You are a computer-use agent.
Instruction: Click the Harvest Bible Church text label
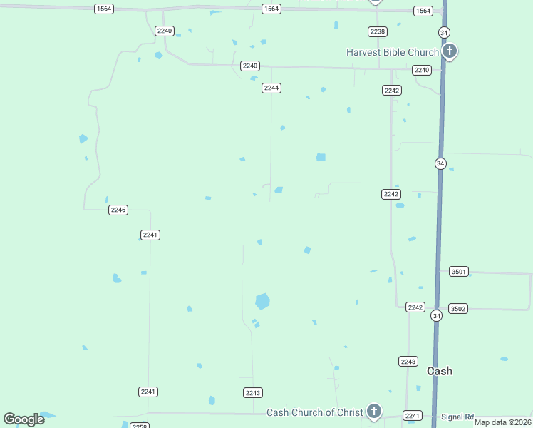tap(392, 52)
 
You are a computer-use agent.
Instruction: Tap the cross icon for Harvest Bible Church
tap(449, 51)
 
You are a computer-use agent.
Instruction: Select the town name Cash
tap(440, 371)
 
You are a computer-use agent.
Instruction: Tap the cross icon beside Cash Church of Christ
tap(373, 411)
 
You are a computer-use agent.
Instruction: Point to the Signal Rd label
tap(457, 417)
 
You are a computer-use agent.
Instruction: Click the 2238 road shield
tap(378, 31)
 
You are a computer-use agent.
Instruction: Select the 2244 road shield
tap(271, 88)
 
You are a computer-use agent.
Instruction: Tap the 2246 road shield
tap(118, 210)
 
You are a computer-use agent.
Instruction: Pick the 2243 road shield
tap(253, 393)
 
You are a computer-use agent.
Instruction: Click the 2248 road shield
tap(408, 362)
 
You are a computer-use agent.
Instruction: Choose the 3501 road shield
tap(459, 272)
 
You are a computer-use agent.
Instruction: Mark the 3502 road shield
tap(458, 308)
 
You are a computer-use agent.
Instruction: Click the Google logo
tap(24, 419)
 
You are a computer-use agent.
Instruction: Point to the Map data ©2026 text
tap(503, 422)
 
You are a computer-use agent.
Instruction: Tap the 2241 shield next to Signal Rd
tap(413, 415)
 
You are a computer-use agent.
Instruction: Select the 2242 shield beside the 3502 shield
tap(415, 307)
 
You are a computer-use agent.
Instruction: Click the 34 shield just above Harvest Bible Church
tap(444, 33)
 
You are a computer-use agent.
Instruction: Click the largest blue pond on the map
tap(262, 301)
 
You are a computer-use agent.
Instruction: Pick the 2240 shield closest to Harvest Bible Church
tap(422, 70)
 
